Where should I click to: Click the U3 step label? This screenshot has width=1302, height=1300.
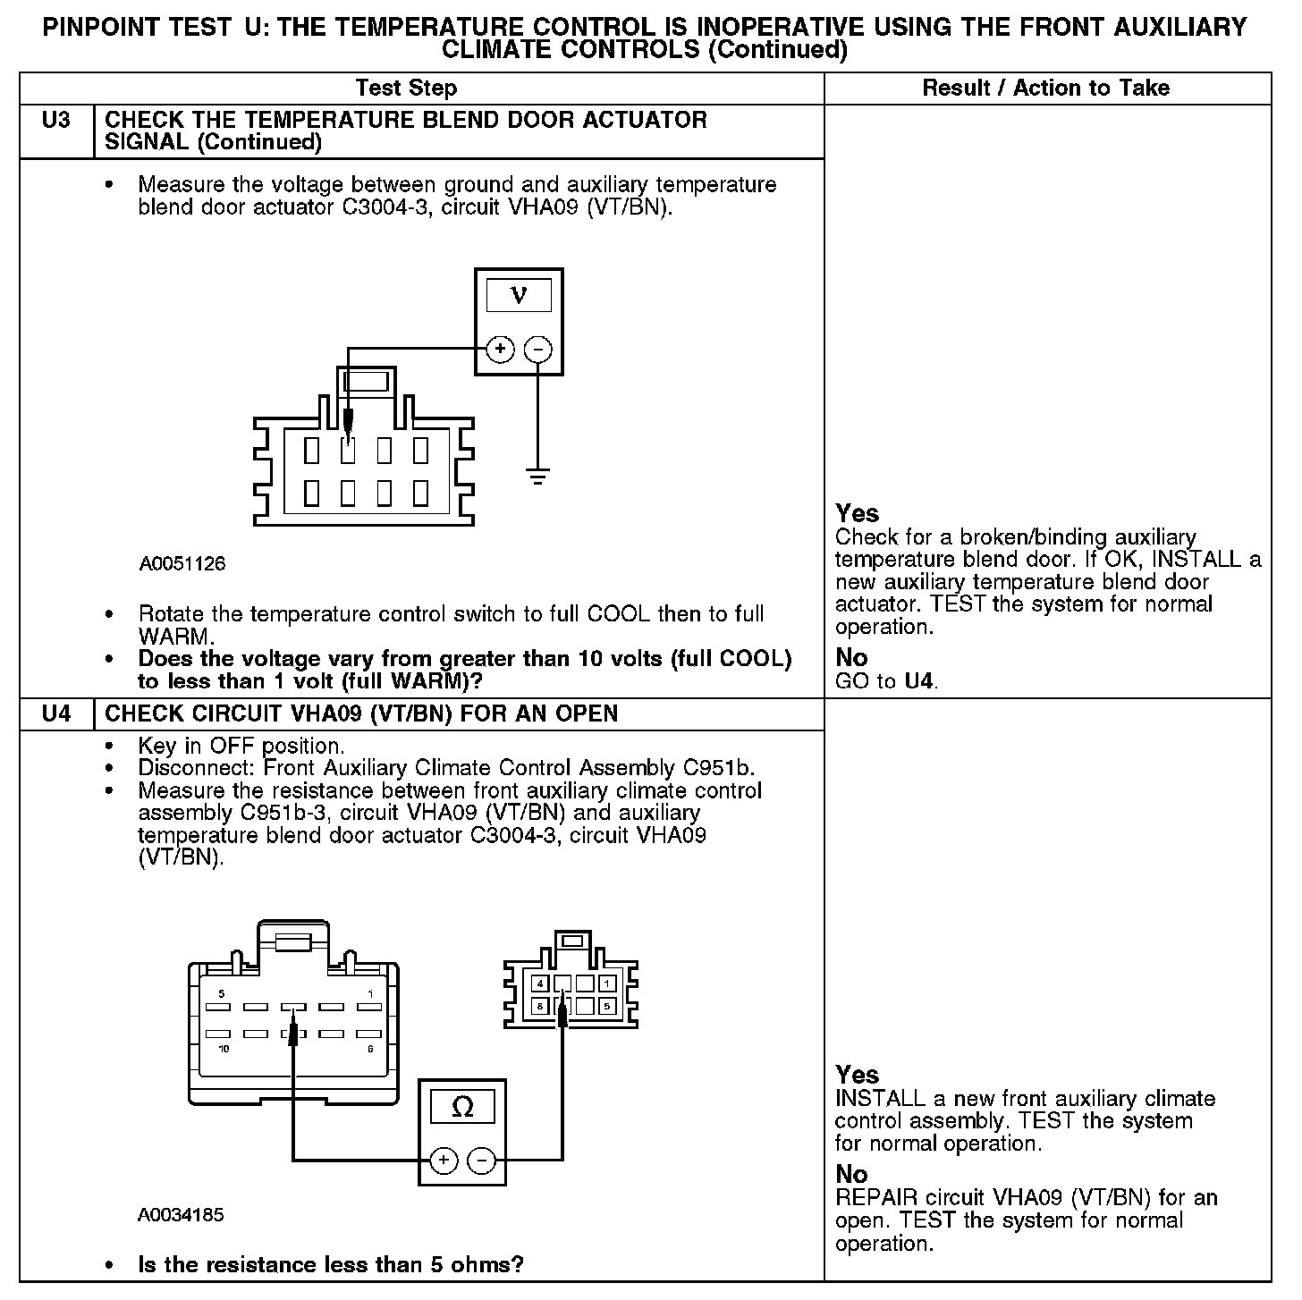(55, 120)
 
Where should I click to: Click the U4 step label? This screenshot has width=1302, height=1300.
(55, 713)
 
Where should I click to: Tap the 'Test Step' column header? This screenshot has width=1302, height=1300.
(406, 88)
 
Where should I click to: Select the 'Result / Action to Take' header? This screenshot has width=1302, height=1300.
(1045, 88)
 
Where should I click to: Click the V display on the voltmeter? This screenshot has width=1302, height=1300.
(519, 294)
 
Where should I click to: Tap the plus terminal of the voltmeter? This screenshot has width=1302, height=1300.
(500, 350)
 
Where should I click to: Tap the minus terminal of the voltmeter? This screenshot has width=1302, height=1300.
(537, 350)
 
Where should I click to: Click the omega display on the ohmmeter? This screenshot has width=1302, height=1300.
(462, 1108)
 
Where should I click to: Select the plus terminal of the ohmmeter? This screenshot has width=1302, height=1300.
(444, 1161)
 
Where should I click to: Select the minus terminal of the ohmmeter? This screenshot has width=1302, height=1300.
(481, 1161)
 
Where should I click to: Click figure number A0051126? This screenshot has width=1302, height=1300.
(182, 564)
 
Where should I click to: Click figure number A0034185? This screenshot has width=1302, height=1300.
(181, 1215)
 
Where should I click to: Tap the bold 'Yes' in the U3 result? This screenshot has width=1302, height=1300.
(857, 513)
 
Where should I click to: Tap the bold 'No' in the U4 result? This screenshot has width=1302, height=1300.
(851, 1173)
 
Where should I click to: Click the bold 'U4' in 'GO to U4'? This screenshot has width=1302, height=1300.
(920, 681)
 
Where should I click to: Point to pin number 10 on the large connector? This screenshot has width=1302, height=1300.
(224, 1048)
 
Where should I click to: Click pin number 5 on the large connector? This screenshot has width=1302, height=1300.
(222, 994)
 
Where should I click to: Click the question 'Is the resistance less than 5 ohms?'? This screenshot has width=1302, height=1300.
(330, 1264)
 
